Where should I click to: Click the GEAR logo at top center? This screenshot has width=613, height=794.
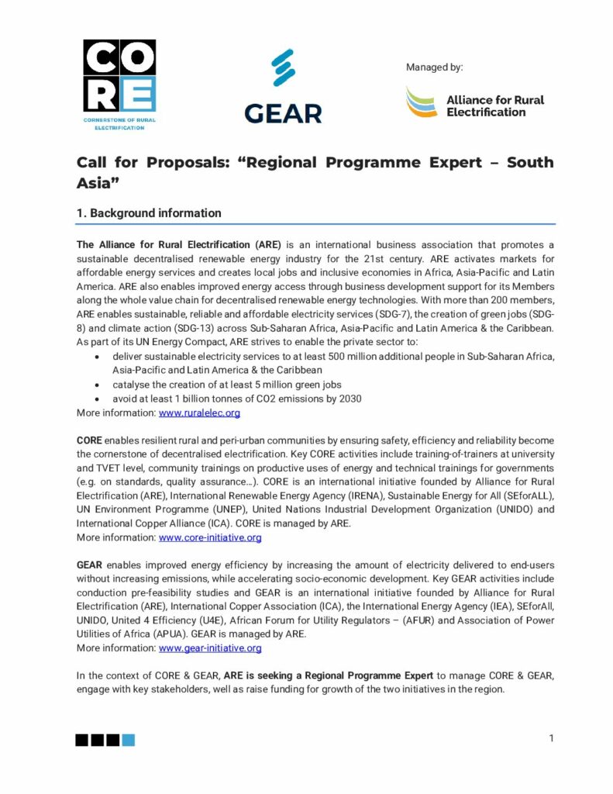pos(283,87)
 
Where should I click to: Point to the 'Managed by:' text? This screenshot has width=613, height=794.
pos(434,67)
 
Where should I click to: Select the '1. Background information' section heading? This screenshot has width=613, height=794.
pos(149,213)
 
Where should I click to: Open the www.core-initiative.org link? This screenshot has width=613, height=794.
pos(210,537)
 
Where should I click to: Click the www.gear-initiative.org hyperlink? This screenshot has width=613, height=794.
pos(210,647)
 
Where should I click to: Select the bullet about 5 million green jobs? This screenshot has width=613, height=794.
pos(227,385)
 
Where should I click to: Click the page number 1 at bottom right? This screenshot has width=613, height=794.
pos(551,738)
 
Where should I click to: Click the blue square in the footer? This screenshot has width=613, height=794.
pos(129,740)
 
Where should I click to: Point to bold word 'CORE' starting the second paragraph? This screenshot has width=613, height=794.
pos(89,440)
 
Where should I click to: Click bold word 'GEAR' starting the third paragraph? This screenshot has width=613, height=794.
pos(90,565)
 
